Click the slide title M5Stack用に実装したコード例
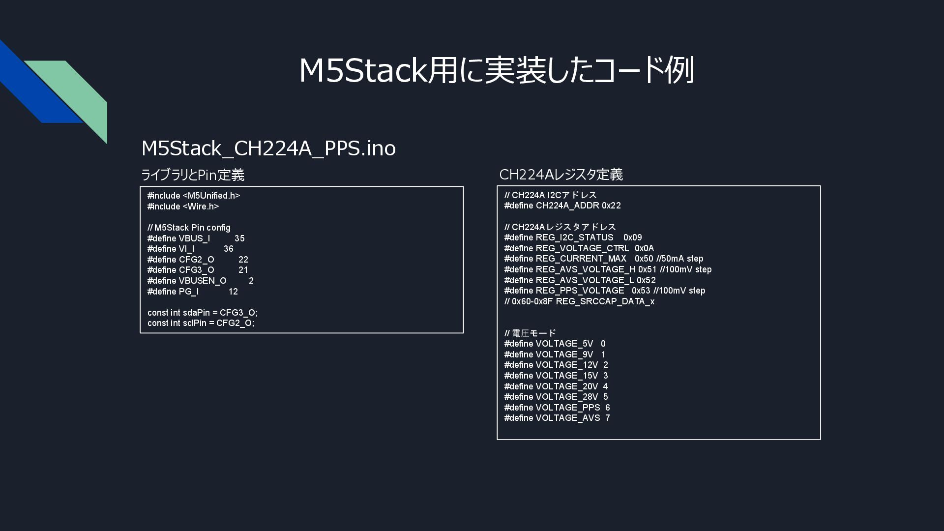[496, 70]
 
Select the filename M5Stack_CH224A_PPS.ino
[268, 148]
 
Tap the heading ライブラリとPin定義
[193, 175]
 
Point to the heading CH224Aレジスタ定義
[560, 175]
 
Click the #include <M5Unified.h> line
[194, 196]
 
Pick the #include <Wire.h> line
[183, 206]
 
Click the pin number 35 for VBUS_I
[239, 238]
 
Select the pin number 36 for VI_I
[229, 249]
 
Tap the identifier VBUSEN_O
[203, 281]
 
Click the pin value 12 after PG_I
[233, 292]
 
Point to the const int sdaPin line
[203, 313]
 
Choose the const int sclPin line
[201, 323]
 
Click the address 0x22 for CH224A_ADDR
[611, 206]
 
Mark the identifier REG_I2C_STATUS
[574, 237]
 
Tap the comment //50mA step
[679, 259]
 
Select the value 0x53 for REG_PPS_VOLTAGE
[641, 291]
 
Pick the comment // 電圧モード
[530, 333]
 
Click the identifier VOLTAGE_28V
[566, 397]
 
